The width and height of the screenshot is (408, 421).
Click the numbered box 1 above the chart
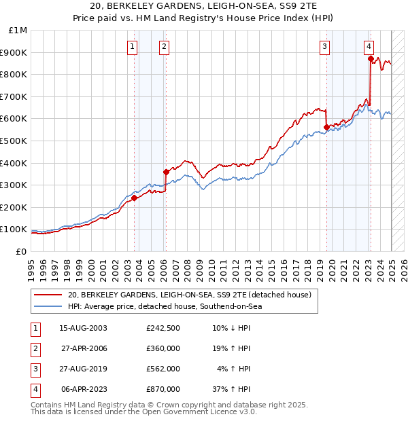click(131, 47)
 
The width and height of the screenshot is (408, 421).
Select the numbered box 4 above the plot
click(369, 47)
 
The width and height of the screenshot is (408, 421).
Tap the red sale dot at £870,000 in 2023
click(371, 59)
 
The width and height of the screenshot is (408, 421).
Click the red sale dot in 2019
click(326, 127)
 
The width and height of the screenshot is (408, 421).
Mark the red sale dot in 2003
click(134, 198)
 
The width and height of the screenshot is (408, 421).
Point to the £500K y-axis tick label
click(15, 141)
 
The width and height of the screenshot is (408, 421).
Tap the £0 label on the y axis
click(21, 251)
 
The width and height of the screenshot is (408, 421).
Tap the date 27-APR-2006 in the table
click(84, 348)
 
